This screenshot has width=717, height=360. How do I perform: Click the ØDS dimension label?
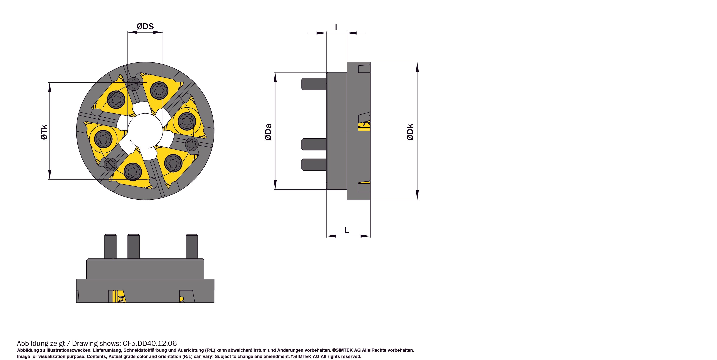[145, 26]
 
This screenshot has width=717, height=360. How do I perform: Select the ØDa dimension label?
[268, 132]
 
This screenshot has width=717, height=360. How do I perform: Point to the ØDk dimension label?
[410, 132]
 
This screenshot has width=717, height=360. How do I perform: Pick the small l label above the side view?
[336, 27]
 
